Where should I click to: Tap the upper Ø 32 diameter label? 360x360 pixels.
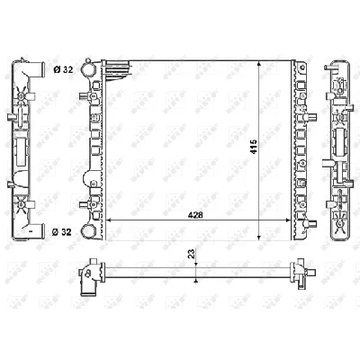(63, 68)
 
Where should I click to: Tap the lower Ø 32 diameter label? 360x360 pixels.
(63, 232)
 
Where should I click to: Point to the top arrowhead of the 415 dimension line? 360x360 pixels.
(260, 66)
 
